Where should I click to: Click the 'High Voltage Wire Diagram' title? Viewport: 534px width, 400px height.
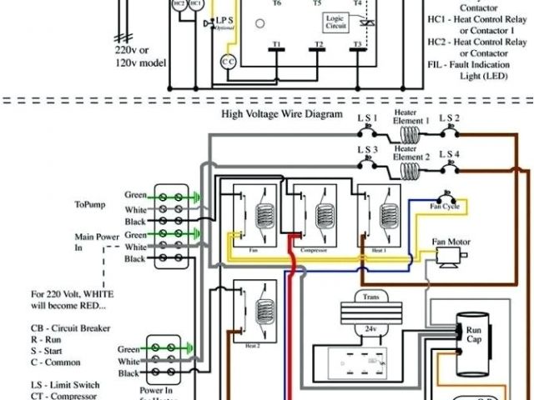tap(282, 114)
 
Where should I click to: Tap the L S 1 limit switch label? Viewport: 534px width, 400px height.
tap(368, 117)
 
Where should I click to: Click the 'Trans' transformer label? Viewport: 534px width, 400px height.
tap(369, 297)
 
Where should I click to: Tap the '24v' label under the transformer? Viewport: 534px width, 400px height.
tap(370, 328)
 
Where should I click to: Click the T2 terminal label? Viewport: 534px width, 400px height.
tap(318, 43)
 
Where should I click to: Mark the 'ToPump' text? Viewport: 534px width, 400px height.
tap(91, 203)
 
